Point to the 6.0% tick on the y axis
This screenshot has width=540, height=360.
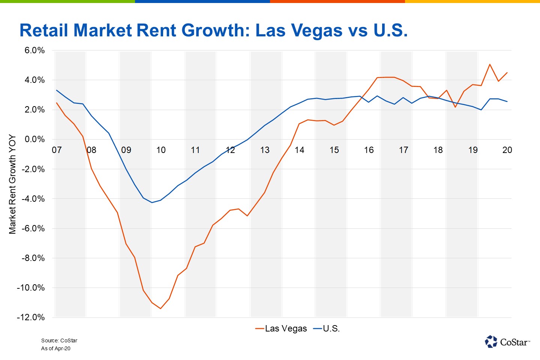pos(34,51)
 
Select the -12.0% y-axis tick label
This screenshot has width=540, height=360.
pos(31,317)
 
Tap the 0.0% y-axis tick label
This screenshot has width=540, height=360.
pos(34,139)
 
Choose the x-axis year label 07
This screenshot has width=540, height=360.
pos(57,150)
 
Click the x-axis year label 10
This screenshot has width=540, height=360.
pos(161,150)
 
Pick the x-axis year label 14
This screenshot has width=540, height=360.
pos(299,150)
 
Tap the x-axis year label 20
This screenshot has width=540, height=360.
pos(507,150)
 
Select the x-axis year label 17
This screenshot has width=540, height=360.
pos(403,150)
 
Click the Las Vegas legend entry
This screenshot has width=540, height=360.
pos(281,328)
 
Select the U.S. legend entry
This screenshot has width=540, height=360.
pos(327,328)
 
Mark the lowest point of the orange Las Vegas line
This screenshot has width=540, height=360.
pos(160,308)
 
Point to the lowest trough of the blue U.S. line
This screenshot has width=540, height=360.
pos(152,202)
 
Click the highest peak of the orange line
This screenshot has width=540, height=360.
pos(490,64)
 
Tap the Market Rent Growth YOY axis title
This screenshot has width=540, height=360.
pos(12,184)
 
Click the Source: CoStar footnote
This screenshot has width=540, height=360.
pos(59,340)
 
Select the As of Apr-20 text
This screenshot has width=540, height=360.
pos(56,348)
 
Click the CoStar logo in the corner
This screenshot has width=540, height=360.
pos(507,342)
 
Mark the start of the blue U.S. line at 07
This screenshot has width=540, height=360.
pos(57,90)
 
